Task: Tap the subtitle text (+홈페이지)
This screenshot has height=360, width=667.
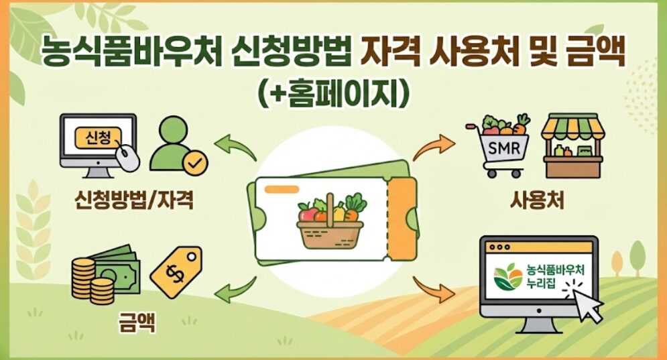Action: (333, 93)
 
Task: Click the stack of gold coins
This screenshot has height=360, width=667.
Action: (90, 278)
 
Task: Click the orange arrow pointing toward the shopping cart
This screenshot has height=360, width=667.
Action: (431, 146)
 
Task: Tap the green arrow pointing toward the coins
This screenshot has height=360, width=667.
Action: (235, 289)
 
